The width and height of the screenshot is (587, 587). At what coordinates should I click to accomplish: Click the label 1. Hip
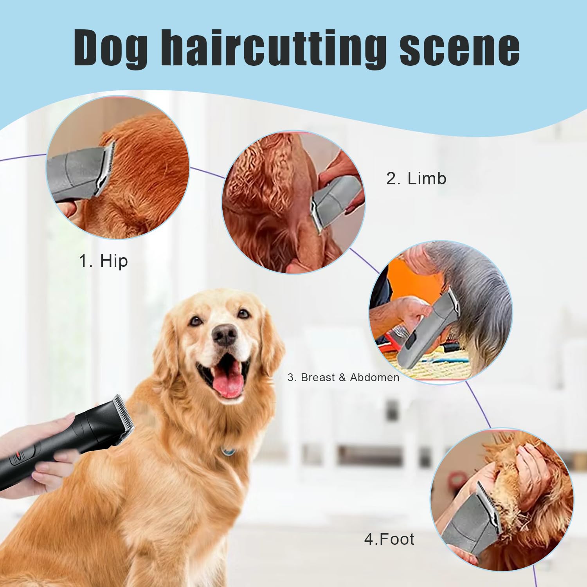(103, 261)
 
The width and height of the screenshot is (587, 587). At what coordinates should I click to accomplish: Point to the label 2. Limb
(416, 178)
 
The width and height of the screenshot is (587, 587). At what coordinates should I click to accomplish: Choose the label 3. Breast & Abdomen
(343, 378)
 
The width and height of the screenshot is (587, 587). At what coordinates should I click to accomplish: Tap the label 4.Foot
(389, 539)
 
